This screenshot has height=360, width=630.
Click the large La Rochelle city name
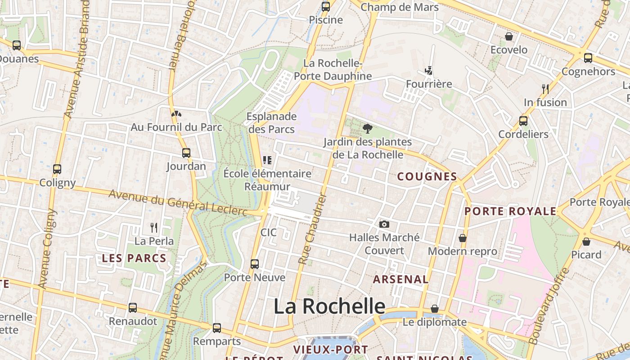click(x=329, y=306)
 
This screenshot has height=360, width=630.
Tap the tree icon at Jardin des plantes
click(x=368, y=129)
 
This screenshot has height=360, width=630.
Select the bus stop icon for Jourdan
click(x=186, y=153)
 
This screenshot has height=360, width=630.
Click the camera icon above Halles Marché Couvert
click(x=384, y=224)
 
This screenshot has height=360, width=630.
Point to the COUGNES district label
click(x=427, y=176)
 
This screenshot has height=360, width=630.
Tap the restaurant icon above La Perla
click(x=154, y=227)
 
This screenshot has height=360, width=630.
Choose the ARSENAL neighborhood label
click(x=400, y=279)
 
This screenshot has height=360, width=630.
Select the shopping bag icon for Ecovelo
click(x=509, y=36)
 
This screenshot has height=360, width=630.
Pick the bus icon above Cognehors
click(x=588, y=58)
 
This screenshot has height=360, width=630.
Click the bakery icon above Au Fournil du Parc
click(x=176, y=114)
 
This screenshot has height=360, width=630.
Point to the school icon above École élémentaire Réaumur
click(x=267, y=160)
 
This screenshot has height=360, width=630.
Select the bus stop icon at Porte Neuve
click(x=255, y=264)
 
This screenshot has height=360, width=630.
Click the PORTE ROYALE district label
click(x=510, y=211)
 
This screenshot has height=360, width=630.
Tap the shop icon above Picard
click(x=586, y=242)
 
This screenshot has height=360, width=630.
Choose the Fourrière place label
click(x=429, y=84)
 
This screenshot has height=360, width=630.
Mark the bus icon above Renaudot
click(x=132, y=308)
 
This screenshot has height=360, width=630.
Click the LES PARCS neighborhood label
click(x=134, y=258)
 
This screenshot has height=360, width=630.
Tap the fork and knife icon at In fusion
click(x=545, y=89)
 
